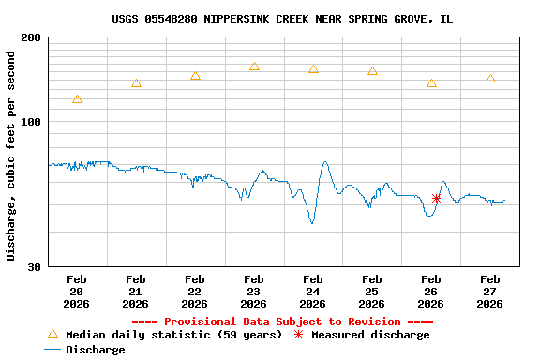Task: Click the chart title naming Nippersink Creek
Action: click(x=281, y=19)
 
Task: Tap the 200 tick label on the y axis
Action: click(x=31, y=37)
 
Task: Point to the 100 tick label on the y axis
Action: click(x=31, y=122)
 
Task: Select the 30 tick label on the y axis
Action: click(x=34, y=267)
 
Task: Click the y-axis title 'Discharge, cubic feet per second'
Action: click(x=11, y=156)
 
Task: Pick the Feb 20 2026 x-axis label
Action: click(x=77, y=291)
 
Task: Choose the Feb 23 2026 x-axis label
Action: click(x=254, y=291)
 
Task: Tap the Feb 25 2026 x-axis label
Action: click(x=372, y=291)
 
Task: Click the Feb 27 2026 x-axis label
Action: click(x=490, y=291)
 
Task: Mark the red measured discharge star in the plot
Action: click(x=436, y=198)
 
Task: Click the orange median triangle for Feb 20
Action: click(x=77, y=98)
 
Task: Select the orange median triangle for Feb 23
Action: click(x=254, y=67)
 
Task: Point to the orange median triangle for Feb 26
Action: click(x=431, y=82)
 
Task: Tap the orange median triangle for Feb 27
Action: click(x=490, y=79)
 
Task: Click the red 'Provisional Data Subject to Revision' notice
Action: click(x=282, y=322)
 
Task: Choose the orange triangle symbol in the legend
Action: click(x=52, y=334)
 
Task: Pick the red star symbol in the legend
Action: click(x=299, y=335)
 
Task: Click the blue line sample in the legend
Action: click(x=52, y=350)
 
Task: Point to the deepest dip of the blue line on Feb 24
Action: click(x=312, y=223)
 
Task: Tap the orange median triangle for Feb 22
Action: click(x=195, y=76)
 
